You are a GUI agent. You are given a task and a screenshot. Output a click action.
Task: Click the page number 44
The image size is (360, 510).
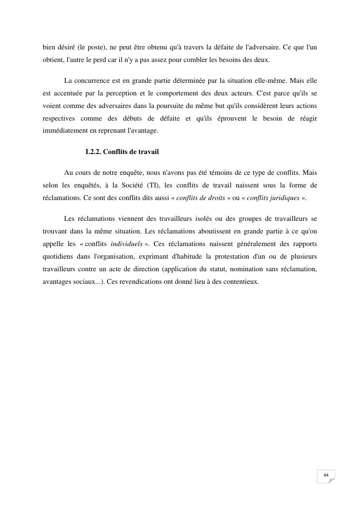[x=326, y=475]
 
